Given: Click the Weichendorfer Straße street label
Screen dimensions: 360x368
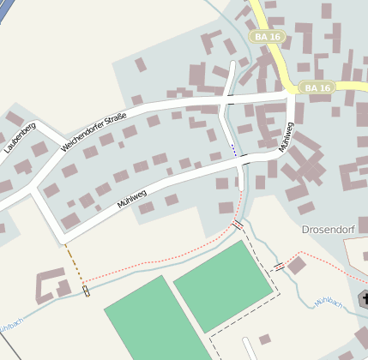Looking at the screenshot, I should pos(94,132).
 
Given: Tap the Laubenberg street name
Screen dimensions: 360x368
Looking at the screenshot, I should pos(19,138).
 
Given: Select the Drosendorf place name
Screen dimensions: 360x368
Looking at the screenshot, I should pos(329,230).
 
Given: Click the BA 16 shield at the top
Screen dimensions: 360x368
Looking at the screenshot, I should pos(267,37).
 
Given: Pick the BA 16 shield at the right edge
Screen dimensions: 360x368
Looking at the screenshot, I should pos(317,87).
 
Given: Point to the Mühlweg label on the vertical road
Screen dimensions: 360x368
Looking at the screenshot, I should pos(287,136).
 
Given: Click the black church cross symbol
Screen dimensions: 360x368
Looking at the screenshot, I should pos(364,299).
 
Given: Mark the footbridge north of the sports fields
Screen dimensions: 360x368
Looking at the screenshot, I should pos(238,224).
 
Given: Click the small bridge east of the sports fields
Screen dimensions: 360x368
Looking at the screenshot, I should pos(279,266).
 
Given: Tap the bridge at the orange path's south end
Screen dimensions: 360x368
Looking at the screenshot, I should pos(87,291).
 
